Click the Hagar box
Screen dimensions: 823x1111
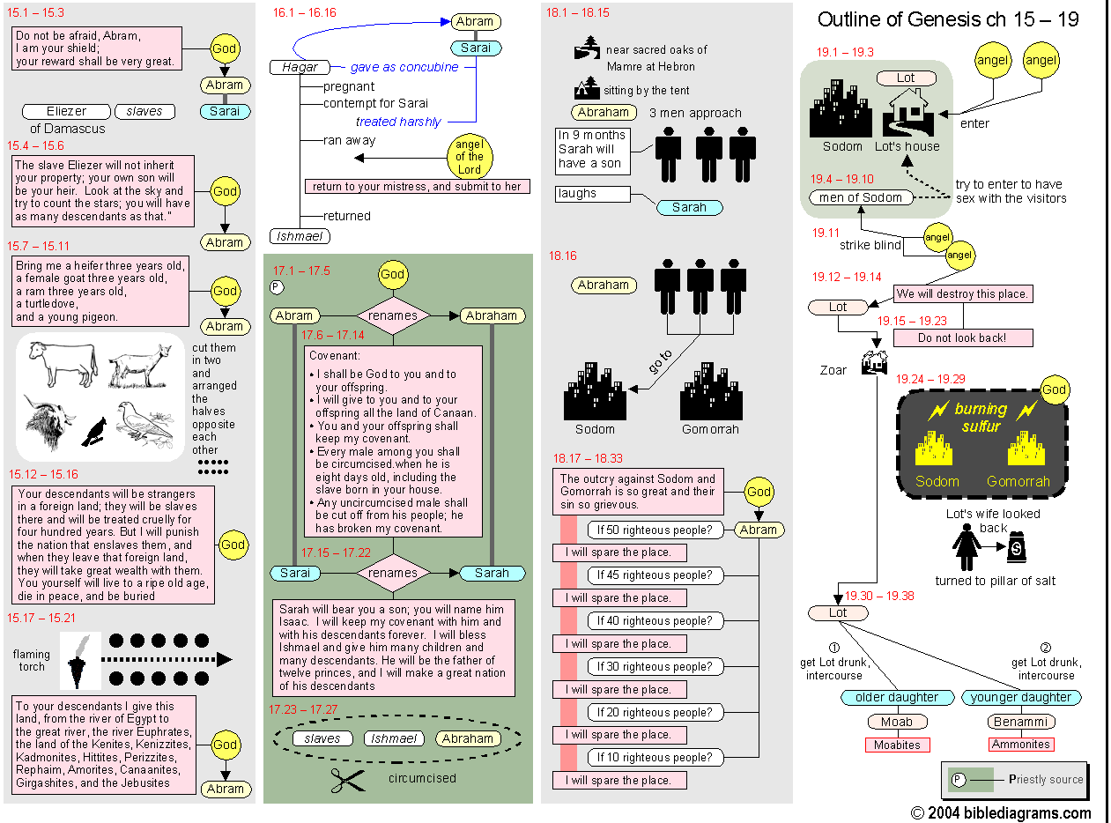click(x=300, y=67)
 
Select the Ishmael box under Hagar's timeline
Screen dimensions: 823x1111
click(x=300, y=236)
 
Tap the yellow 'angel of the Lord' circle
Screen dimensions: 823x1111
click(x=470, y=157)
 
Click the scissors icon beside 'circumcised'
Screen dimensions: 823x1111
click(x=348, y=779)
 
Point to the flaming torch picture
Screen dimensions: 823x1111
click(x=80, y=660)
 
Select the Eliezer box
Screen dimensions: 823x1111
click(x=66, y=112)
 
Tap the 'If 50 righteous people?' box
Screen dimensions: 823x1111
click(x=655, y=530)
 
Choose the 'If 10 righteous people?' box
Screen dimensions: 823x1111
click(x=655, y=757)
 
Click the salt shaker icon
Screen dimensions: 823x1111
click(x=1017, y=548)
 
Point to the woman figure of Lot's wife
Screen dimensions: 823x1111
click(x=967, y=547)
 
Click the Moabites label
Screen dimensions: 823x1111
click(x=897, y=745)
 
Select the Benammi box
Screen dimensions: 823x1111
click(x=1020, y=723)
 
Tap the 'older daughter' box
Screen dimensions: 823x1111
click(x=897, y=698)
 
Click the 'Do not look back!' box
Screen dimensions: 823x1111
click(x=962, y=337)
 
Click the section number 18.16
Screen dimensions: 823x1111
click(x=562, y=256)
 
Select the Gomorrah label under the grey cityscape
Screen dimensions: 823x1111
click(x=710, y=429)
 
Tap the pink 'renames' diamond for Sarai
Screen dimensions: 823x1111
click(x=393, y=573)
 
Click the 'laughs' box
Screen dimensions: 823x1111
click(x=592, y=194)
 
